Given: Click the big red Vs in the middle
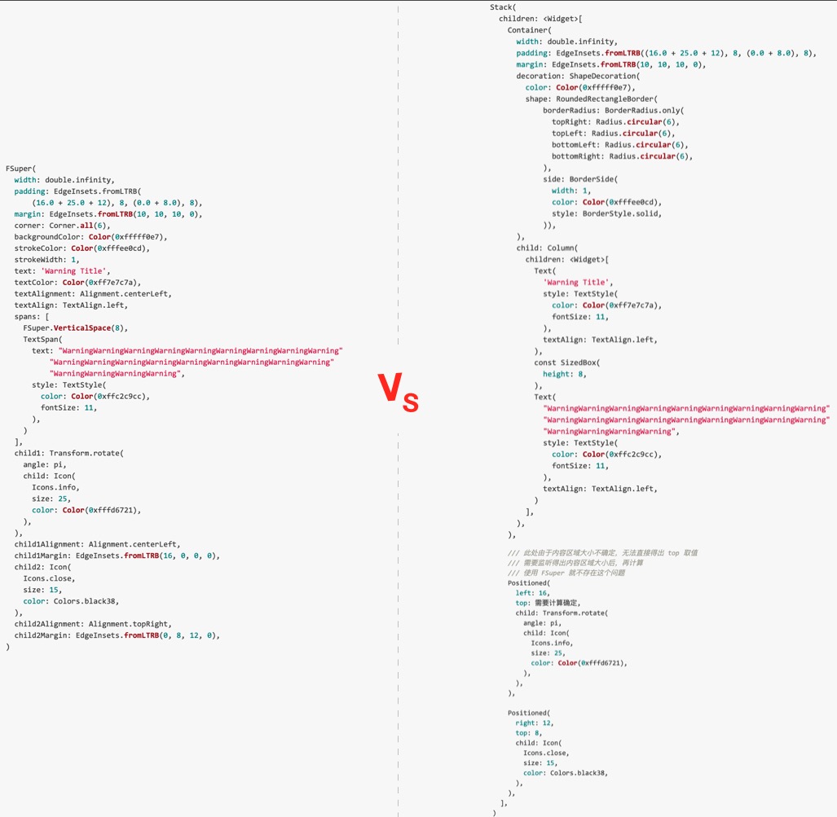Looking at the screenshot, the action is pos(399,393).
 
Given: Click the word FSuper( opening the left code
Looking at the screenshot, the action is pos(21,169).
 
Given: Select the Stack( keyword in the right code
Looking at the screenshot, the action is pos(503,7).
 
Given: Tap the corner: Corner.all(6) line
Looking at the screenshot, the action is pos(62,226).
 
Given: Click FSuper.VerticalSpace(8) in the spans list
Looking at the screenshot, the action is pos(76,327).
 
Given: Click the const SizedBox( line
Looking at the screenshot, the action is pos(566,362).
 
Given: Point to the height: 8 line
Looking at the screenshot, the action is pos(564,374).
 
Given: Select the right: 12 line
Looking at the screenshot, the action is pos(535,723).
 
